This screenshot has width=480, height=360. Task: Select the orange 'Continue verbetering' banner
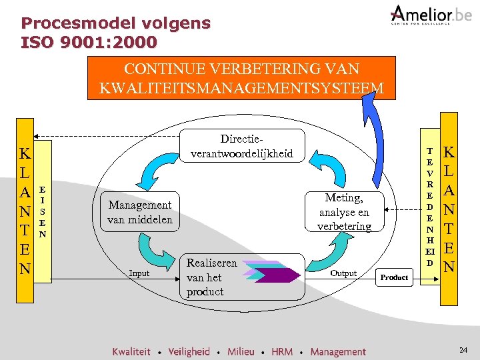pyautogui.click(x=241, y=78)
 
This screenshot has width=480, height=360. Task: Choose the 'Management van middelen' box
pyautogui.click(x=140, y=212)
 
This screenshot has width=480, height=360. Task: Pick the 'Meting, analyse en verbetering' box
pyautogui.click(x=344, y=212)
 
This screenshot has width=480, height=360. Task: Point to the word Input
pyautogui.click(x=139, y=273)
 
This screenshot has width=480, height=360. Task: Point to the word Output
pyautogui.click(x=343, y=273)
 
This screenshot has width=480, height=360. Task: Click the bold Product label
pyautogui.click(x=394, y=277)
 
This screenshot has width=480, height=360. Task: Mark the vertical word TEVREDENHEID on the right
pyautogui.click(x=430, y=207)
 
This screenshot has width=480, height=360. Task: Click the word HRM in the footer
pyautogui.click(x=282, y=351)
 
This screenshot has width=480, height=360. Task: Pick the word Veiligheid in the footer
pyautogui.click(x=189, y=351)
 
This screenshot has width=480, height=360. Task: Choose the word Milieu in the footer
pyautogui.click(x=241, y=351)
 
